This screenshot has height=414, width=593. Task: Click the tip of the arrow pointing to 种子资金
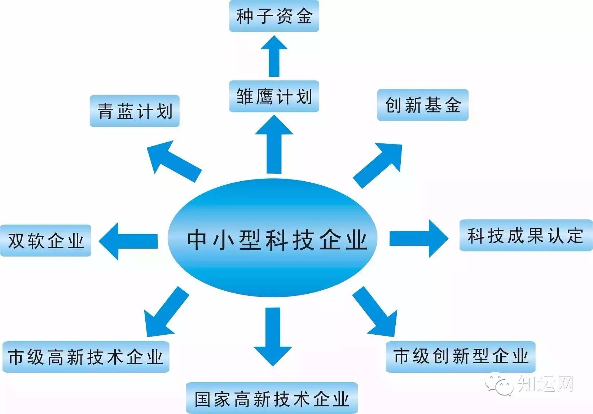[274, 35]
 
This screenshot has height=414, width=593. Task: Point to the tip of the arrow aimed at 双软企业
[99, 241]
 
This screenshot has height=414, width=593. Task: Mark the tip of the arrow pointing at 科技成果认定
[448, 239]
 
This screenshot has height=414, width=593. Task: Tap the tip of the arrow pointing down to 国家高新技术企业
[273, 366]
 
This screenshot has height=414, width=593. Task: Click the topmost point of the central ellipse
[273, 179]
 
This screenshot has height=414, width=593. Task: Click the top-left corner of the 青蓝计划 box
[90, 95]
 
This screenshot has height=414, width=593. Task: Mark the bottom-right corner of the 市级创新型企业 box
[536, 373]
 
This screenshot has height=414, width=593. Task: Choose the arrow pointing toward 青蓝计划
[173, 161]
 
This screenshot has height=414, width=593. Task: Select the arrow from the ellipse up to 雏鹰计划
[274, 144]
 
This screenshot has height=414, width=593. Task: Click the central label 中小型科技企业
[277, 240]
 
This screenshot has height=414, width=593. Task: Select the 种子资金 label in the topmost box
[274, 16]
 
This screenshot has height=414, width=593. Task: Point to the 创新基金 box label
[423, 105]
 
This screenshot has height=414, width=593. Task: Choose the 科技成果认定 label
[526, 235]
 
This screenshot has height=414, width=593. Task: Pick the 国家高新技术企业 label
[272, 399]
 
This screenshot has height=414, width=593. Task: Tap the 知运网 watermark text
[545, 383]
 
